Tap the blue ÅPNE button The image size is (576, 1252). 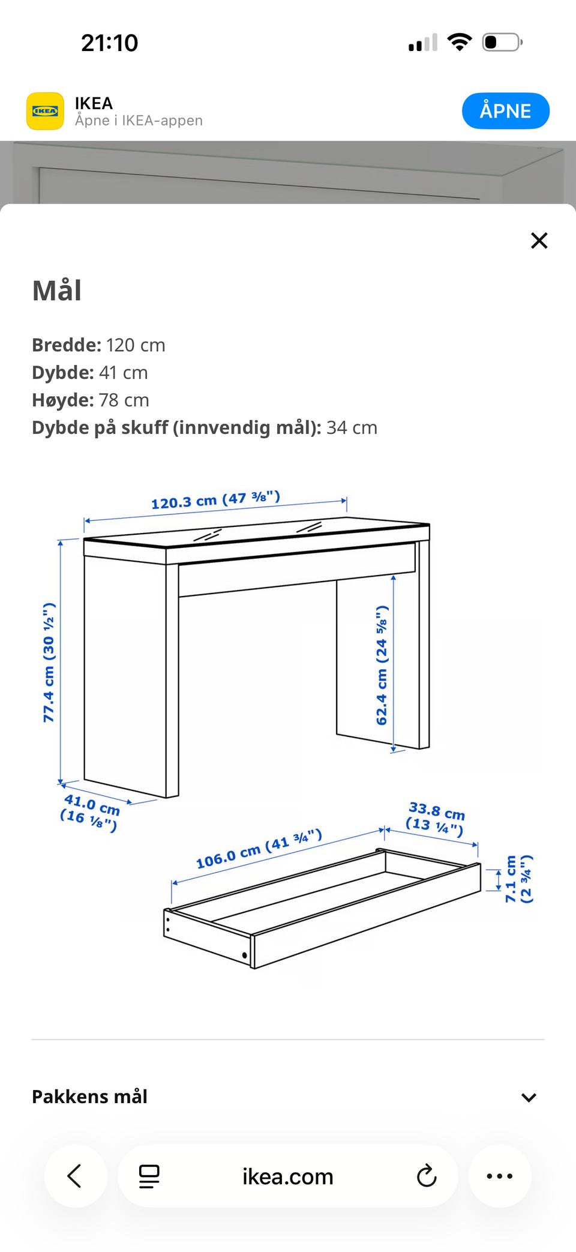505,110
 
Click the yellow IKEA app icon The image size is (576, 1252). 45,111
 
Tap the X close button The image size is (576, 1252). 539,241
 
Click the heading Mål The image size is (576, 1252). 57,290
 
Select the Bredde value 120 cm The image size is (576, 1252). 136,345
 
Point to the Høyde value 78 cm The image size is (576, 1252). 124,400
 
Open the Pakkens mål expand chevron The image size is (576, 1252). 529,1098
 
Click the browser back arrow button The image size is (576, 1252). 75,1176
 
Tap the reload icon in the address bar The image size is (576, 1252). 427,1176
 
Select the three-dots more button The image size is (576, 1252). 500,1176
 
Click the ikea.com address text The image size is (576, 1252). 288,1176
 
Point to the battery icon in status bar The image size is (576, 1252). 502,43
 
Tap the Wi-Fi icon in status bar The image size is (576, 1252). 460,42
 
